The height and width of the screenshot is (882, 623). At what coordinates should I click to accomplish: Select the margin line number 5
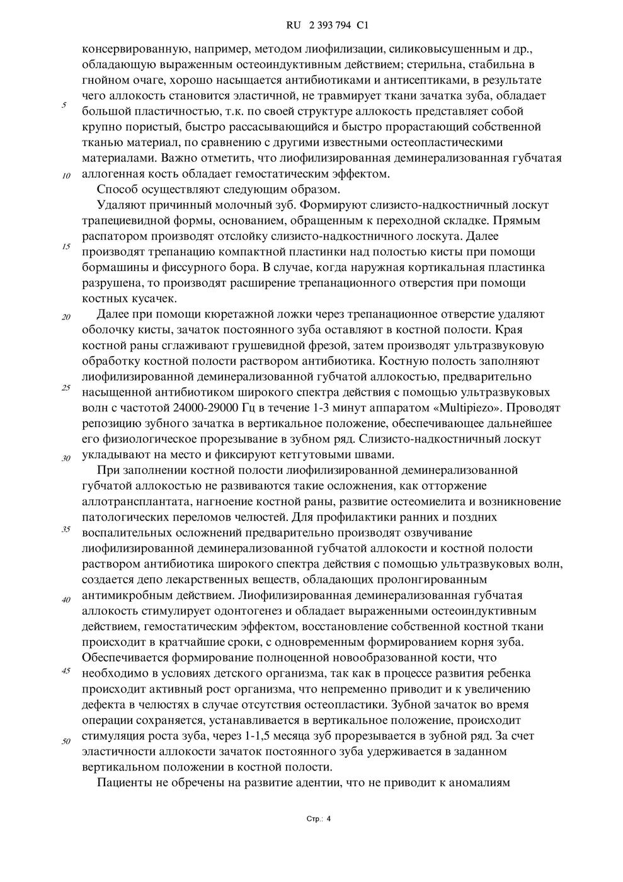click(x=64, y=105)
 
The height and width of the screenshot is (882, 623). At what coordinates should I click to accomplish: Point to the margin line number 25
click(x=66, y=387)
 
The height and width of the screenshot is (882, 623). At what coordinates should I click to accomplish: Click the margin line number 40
click(x=66, y=600)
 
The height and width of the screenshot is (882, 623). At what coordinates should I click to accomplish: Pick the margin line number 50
click(x=66, y=741)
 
